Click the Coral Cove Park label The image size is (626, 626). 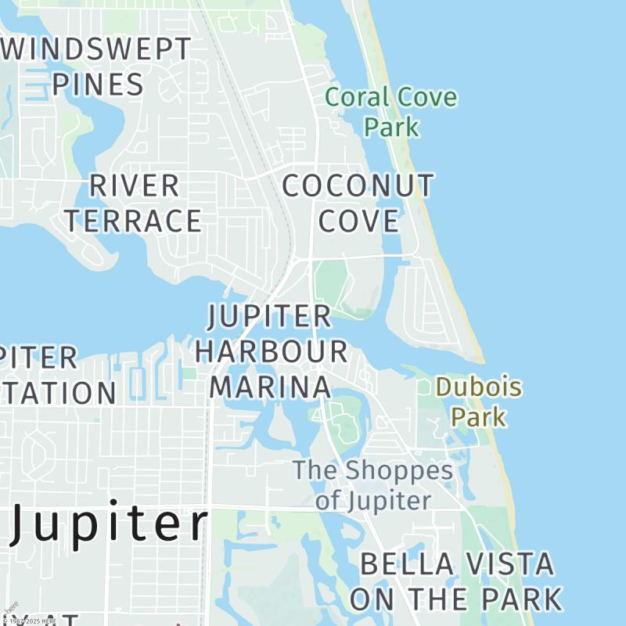[x=390, y=112]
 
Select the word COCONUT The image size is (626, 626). [x=358, y=186]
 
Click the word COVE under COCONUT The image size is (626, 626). [x=359, y=221]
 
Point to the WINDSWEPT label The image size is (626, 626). [x=99, y=49]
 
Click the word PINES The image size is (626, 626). [x=99, y=85]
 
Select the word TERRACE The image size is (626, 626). [x=133, y=221]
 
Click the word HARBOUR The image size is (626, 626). [x=272, y=351]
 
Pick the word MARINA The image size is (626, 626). [x=271, y=387]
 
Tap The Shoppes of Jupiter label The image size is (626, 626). [x=372, y=485]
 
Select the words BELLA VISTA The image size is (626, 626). [x=457, y=563]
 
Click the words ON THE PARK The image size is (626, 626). [x=456, y=599]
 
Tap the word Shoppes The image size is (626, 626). [x=399, y=471]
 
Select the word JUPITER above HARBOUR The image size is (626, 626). [x=270, y=317]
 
